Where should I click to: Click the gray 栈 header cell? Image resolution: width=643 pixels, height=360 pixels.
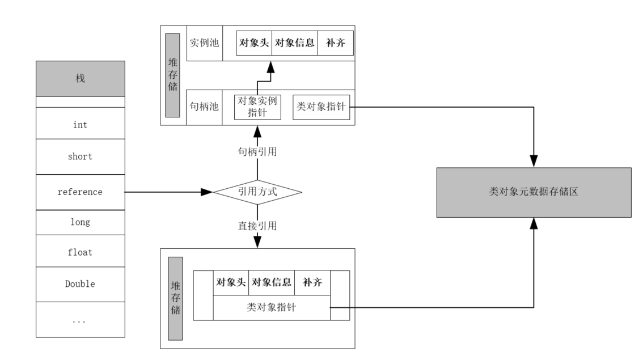pyautogui.click(x=80, y=78)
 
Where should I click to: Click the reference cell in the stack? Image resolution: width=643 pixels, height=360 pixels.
pyautogui.click(x=80, y=192)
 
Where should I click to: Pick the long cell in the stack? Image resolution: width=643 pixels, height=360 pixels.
pyautogui.click(x=80, y=222)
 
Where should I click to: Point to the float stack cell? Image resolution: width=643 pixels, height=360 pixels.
pyautogui.click(x=80, y=252)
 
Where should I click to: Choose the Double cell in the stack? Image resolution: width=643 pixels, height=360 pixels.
pyautogui.click(x=80, y=283)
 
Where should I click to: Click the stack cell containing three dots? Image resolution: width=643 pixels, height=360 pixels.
pyautogui.click(x=80, y=320)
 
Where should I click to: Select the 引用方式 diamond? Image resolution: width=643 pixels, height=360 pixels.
pyautogui.click(x=257, y=192)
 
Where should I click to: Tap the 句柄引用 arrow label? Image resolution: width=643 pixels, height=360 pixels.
pyautogui.click(x=257, y=152)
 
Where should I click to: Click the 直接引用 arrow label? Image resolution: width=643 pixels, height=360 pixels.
pyautogui.click(x=257, y=226)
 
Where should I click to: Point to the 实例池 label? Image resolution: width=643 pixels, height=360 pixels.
pyautogui.click(x=204, y=43)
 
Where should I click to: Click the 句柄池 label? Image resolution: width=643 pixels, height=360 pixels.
pyautogui.click(x=204, y=107)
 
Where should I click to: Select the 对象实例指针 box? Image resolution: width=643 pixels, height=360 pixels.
pyautogui.click(x=257, y=107)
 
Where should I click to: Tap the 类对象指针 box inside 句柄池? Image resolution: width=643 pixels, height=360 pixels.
pyautogui.click(x=321, y=107)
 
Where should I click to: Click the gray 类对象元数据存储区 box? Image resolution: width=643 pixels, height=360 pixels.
pyautogui.click(x=534, y=192)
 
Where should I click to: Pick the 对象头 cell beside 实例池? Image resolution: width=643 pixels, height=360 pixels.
pyautogui.click(x=254, y=43)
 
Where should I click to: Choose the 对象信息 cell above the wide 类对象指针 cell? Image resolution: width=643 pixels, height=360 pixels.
pyautogui.click(x=272, y=282)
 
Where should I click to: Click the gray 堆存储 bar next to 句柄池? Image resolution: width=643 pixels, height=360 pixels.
pyautogui.click(x=172, y=75)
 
